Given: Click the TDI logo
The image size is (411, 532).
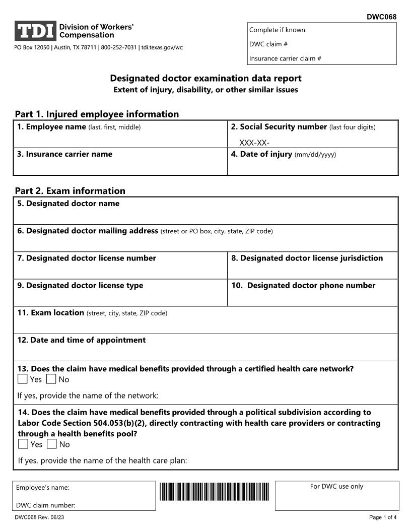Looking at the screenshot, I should [x=35, y=31].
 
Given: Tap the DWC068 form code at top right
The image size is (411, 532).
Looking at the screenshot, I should [x=381, y=17].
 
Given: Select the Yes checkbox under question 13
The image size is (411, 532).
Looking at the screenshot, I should [x=23, y=379].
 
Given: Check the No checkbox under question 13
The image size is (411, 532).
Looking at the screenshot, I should [x=51, y=379].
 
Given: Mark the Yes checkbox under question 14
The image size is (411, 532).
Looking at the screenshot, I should [x=23, y=444].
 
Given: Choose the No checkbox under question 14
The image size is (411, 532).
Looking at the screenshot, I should [x=52, y=444].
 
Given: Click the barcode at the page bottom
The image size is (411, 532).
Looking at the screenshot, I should [x=215, y=491].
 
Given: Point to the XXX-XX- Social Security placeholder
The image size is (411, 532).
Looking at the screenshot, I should [x=254, y=143].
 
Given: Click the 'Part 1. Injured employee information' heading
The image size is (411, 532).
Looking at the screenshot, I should [x=97, y=114].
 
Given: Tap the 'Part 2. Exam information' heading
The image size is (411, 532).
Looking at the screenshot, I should [x=70, y=190].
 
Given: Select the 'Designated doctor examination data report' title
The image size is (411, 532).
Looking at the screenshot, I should [x=205, y=78].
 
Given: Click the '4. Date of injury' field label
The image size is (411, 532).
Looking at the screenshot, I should [x=261, y=154].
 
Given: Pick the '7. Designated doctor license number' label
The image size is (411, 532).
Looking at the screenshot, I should [x=87, y=258].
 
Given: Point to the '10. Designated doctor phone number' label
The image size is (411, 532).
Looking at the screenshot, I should [x=303, y=285].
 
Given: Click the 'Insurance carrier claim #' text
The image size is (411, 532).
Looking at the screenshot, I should [x=285, y=58].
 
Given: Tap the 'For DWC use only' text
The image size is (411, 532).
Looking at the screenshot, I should [x=336, y=486].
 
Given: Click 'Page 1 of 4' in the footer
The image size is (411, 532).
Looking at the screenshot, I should [x=383, y=517].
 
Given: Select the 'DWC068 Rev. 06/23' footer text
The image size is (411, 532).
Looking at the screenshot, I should [x=39, y=517].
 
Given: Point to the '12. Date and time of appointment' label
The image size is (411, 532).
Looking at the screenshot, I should [x=82, y=340].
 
